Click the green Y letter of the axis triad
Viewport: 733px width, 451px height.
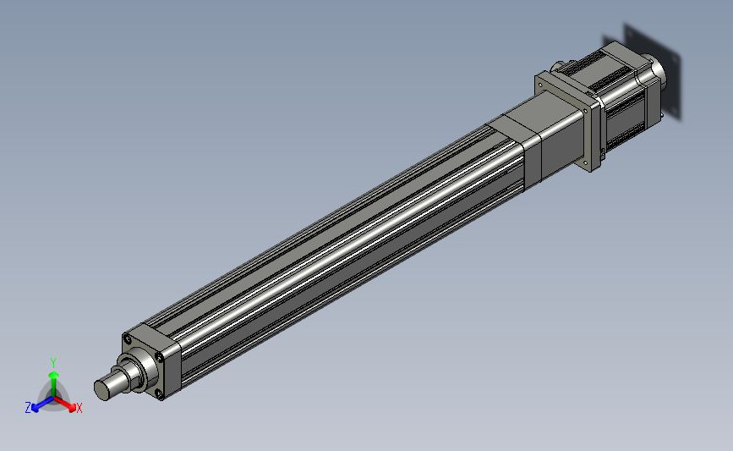point(53,363)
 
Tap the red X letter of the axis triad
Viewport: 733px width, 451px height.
point(79,408)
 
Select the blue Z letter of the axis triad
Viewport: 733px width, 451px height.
point(28,408)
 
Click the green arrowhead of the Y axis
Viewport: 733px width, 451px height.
point(54,375)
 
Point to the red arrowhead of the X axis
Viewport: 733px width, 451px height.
point(72,408)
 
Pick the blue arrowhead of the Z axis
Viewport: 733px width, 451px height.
point(35,408)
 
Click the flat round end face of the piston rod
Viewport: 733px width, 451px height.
point(102,390)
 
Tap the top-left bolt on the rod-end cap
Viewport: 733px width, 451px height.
point(127,339)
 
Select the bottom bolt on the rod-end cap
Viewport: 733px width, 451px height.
point(160,395)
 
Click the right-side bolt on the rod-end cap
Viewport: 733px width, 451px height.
point(160,357)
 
